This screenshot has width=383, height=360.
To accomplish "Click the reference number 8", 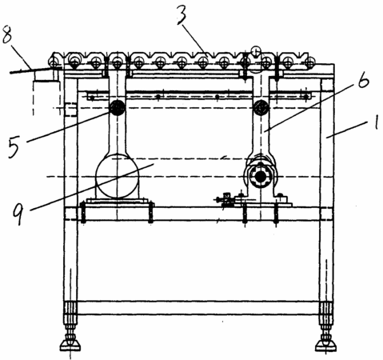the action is point(8,34).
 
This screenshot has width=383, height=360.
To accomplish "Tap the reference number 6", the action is point(362,79).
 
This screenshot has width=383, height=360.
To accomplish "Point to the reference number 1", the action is point(375,122).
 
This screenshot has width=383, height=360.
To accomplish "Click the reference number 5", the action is point(14,146).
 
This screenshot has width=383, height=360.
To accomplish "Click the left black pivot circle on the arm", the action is point(117,108).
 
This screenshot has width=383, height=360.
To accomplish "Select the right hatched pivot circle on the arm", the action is point(261,108).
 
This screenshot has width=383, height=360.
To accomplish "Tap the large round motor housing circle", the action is point(117,176).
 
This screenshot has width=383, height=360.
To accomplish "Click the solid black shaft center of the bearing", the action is point(261,176).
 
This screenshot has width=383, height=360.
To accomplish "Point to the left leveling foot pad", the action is point(70,346).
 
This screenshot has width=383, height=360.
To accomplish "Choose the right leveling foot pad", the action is point(325,346).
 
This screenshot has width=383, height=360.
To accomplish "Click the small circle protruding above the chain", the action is point(256,51).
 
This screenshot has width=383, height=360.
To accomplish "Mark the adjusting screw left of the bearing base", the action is point(225,199).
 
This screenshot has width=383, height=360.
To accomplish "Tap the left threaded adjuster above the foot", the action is point(70,312).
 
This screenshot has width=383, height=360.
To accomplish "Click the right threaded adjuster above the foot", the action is point(326,312).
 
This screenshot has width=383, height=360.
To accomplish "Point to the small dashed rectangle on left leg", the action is point(70,110).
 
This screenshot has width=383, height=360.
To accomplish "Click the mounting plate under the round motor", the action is point(117,201).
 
